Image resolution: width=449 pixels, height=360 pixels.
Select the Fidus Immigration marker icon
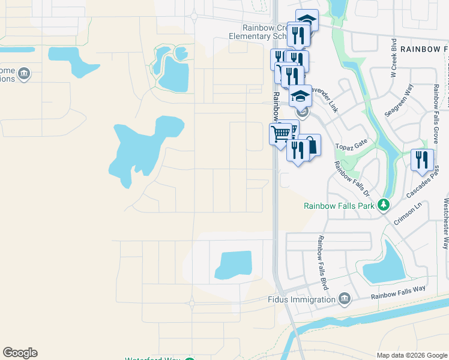tap(344, 299)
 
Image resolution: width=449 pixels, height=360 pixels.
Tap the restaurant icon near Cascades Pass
tap(422, 160)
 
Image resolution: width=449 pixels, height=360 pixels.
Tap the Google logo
tap(20, 353)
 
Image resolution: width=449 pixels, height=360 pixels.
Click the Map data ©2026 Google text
tap(412, 355)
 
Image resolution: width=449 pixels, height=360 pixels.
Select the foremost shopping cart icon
tap(280, 134)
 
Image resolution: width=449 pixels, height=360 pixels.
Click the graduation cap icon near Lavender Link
tap(300, 95)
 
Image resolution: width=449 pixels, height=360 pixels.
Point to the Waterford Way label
tap(152, 359)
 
